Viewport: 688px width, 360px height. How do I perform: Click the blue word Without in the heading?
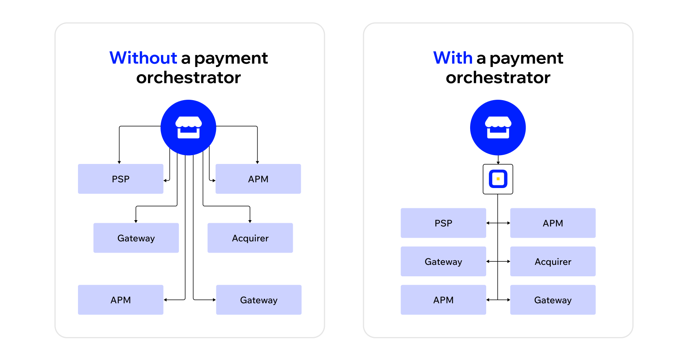(143, 58)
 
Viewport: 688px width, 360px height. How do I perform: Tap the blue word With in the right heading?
(453, 58)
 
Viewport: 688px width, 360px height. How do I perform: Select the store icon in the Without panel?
(188, 127)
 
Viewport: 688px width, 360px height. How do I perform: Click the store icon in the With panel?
(498, 127)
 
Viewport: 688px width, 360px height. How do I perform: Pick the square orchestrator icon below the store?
(498, 179)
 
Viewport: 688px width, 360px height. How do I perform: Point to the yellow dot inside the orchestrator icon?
(498, 179)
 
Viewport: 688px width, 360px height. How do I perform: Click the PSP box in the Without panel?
(120, 179)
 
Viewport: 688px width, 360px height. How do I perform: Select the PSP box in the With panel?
(443, 223)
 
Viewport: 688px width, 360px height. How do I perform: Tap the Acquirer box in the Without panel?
(250, 238)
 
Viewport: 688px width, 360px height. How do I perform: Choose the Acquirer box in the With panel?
(553, 262)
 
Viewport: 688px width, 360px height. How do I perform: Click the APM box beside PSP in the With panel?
(553, 223)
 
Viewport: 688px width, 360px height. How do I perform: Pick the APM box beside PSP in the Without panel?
(258, 179)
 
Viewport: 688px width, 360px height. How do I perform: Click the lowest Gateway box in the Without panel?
(259, 300)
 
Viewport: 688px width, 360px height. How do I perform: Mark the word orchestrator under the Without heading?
(188, 78)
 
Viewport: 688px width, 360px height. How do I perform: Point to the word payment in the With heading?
(526, 58)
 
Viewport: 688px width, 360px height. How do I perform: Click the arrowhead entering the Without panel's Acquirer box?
(250, 221)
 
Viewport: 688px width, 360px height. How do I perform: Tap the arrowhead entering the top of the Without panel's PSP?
(119, 162)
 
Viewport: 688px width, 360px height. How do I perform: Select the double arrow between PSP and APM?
(498, 223)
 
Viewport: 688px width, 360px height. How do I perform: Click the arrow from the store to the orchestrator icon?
(498, 160)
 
